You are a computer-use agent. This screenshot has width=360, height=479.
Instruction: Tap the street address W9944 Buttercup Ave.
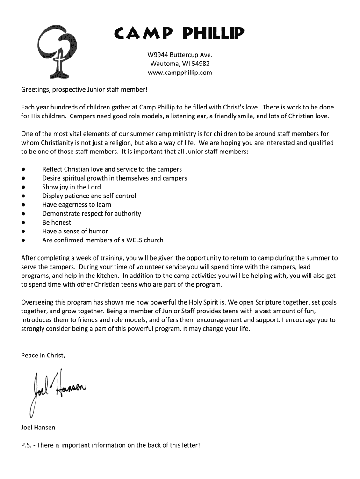(180, 55)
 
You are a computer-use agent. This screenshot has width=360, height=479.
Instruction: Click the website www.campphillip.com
(180, 73)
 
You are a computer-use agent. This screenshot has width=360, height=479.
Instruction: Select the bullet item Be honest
(57, 223)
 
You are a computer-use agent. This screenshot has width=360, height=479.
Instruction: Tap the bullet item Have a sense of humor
(75, 232)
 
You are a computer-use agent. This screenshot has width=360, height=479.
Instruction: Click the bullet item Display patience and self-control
(89, 196)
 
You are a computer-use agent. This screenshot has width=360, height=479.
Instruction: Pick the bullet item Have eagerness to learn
(77, 205)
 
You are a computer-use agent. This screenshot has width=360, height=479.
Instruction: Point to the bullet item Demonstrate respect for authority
(92, 214)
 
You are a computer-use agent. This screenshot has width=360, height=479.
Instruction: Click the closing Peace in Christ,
(43, 356)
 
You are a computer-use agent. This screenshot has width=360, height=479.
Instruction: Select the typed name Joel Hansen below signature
(38, 428)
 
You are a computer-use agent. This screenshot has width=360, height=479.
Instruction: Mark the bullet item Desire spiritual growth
(115, 178)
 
